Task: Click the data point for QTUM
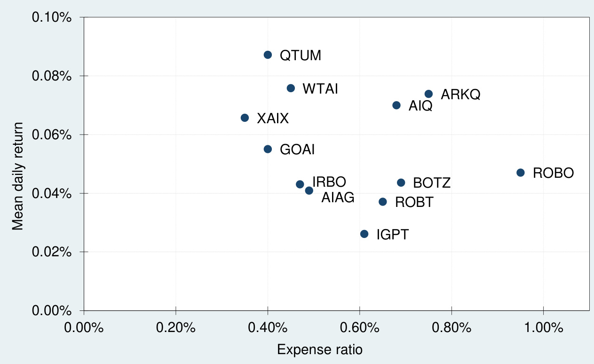(268, 55)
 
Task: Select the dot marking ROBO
(520, 173)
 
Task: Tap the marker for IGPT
(364, 234)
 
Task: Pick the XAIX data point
(245, 118)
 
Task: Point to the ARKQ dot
(428, 94)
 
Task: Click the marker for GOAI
(268, 149)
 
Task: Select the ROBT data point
(382, 202)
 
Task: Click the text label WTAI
(320, 89)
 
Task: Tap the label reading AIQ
(420, 106)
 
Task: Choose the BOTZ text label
(432, 183)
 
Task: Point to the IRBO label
(329, 182)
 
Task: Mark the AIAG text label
(338, 198)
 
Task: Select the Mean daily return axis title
(18, 176)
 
